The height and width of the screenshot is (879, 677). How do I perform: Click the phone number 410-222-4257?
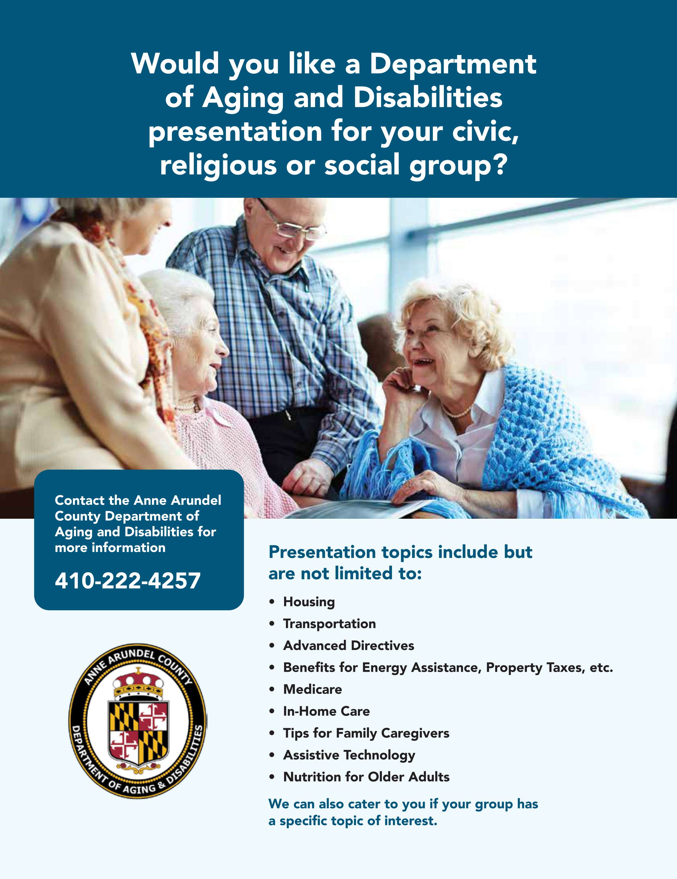coord(127,581)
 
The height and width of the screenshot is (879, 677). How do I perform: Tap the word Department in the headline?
coord(453,64)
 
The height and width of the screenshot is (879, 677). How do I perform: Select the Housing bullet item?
coord(309,602)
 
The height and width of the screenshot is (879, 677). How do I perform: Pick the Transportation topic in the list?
coord(329,624)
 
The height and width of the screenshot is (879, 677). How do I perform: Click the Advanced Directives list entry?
coord(348,646)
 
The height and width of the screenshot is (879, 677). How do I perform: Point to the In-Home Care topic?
coord(326,711)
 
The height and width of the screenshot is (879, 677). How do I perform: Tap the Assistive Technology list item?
coord(349,755)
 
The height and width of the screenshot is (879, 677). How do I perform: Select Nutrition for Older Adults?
coord(366,777)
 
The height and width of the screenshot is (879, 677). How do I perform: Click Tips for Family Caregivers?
coord(366,733)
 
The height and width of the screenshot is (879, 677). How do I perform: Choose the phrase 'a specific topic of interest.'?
coord(353,821)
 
